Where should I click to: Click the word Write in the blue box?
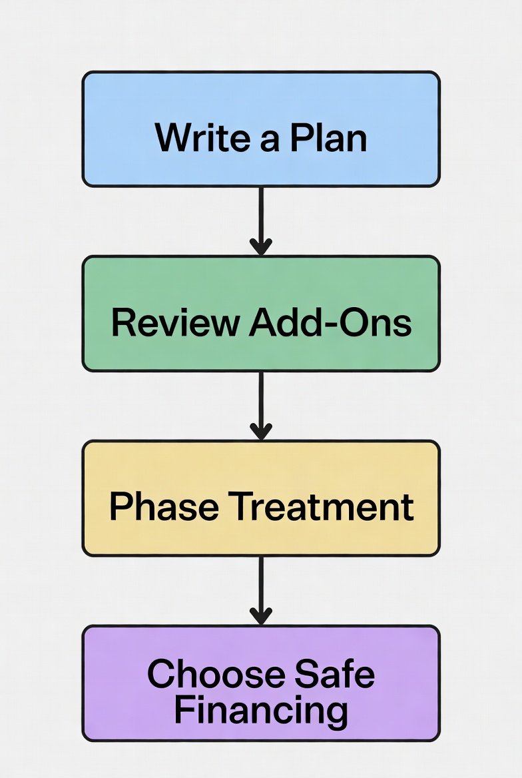click(x=197, y=138)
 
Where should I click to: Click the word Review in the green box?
click(x=174, y=322)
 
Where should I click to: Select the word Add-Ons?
click(x=330, y=322)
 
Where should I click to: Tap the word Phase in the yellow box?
click(x=164, y=507)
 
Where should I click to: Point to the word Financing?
click(x=261, y=710)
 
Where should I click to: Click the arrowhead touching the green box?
click(x=261, y=247)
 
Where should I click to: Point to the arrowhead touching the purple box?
click(x=261, y=617)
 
